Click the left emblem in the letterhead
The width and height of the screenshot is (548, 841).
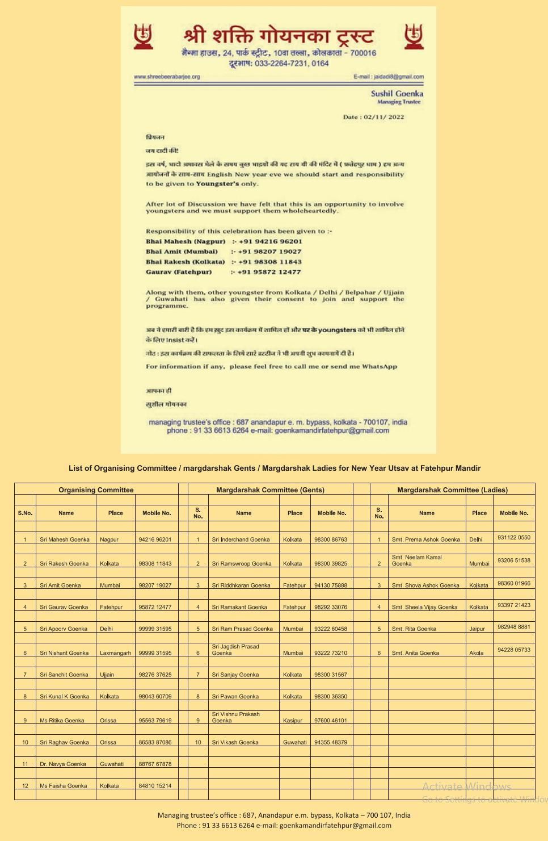pyautogui.click(x=143, y=36)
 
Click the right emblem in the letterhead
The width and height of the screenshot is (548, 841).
pyautogui.click(x=414, y=36)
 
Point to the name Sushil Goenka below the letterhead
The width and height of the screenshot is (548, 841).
pyautogui.click(x=397, y=94)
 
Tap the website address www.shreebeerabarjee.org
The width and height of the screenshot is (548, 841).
pyautogui.click(x=167, y=77)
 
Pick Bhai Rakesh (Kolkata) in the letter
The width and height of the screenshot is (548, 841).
pyautogui.click(x=185, y=262)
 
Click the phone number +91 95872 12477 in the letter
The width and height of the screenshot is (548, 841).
pyautogui.click(x=269, y=272)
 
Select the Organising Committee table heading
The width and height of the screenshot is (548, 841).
pyautogui.click(x=96, y=489)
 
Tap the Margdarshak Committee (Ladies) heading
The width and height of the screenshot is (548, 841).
pyautogui.click(x=452, y=489)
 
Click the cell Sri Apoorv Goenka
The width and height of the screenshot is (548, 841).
pyautogui.click(x=64, y=629)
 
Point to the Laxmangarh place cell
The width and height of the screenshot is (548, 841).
pyautogui.click(x=115, y=653)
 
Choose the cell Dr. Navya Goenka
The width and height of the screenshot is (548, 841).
pyautogui.click(x=63, y=764)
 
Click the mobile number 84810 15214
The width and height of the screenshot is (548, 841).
pyautogui.click(x=155, y=786)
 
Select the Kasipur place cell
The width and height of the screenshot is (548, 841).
pyautogui.click(x=293, y=720)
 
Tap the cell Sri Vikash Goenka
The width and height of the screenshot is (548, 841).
pyautogui.click(x=235, y=742)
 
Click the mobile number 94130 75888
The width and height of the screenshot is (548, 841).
pyautogui.click(x=331, y=585)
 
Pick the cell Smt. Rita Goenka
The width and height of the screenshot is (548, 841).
pyautogui.click(x=414, y=629)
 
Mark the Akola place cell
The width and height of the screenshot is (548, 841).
pyautogui.click(x=477, y=653)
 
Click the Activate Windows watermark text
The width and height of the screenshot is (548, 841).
pyautogui.click(x=466, y=786)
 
